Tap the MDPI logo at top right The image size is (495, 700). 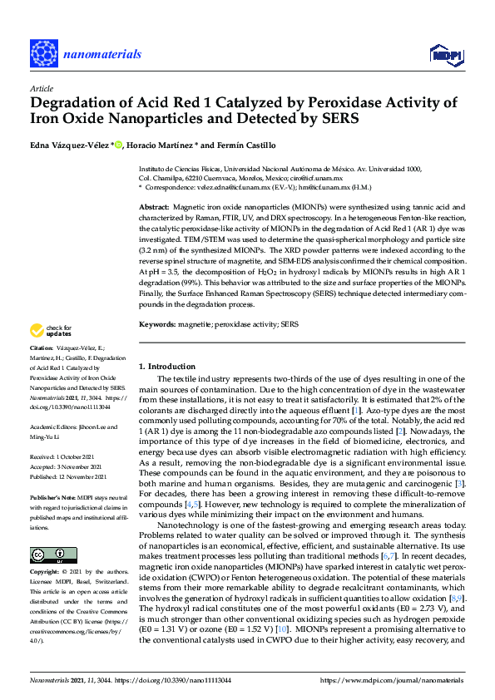click(x=445, y=54)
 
